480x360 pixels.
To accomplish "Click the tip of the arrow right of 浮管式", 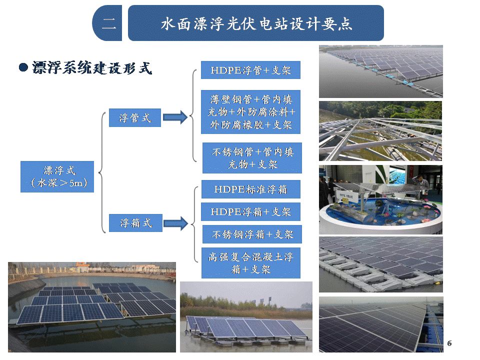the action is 187,117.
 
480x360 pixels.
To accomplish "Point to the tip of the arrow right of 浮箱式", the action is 188,223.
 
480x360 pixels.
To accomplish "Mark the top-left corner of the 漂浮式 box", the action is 20,161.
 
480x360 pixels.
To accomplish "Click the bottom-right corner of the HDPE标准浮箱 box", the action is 300,198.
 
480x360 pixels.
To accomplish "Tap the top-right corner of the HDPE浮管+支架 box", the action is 300,61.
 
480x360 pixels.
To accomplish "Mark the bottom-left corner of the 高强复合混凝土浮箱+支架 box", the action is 201,278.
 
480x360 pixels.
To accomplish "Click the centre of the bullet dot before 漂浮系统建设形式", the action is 23,67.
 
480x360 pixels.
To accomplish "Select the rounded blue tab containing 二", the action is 107,23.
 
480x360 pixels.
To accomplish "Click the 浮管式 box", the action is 135,117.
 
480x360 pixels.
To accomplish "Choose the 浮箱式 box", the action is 135,223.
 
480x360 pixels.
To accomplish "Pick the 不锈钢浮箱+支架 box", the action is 252,234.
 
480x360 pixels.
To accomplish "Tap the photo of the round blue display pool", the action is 381,199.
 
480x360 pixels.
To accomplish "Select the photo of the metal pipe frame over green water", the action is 380,131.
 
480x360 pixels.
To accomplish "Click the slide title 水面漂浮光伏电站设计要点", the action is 256,24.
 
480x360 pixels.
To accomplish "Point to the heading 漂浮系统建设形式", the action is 92,67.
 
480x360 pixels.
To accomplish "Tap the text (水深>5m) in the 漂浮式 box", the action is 59,183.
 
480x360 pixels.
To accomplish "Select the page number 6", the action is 449,343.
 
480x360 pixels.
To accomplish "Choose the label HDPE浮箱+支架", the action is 250,212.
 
